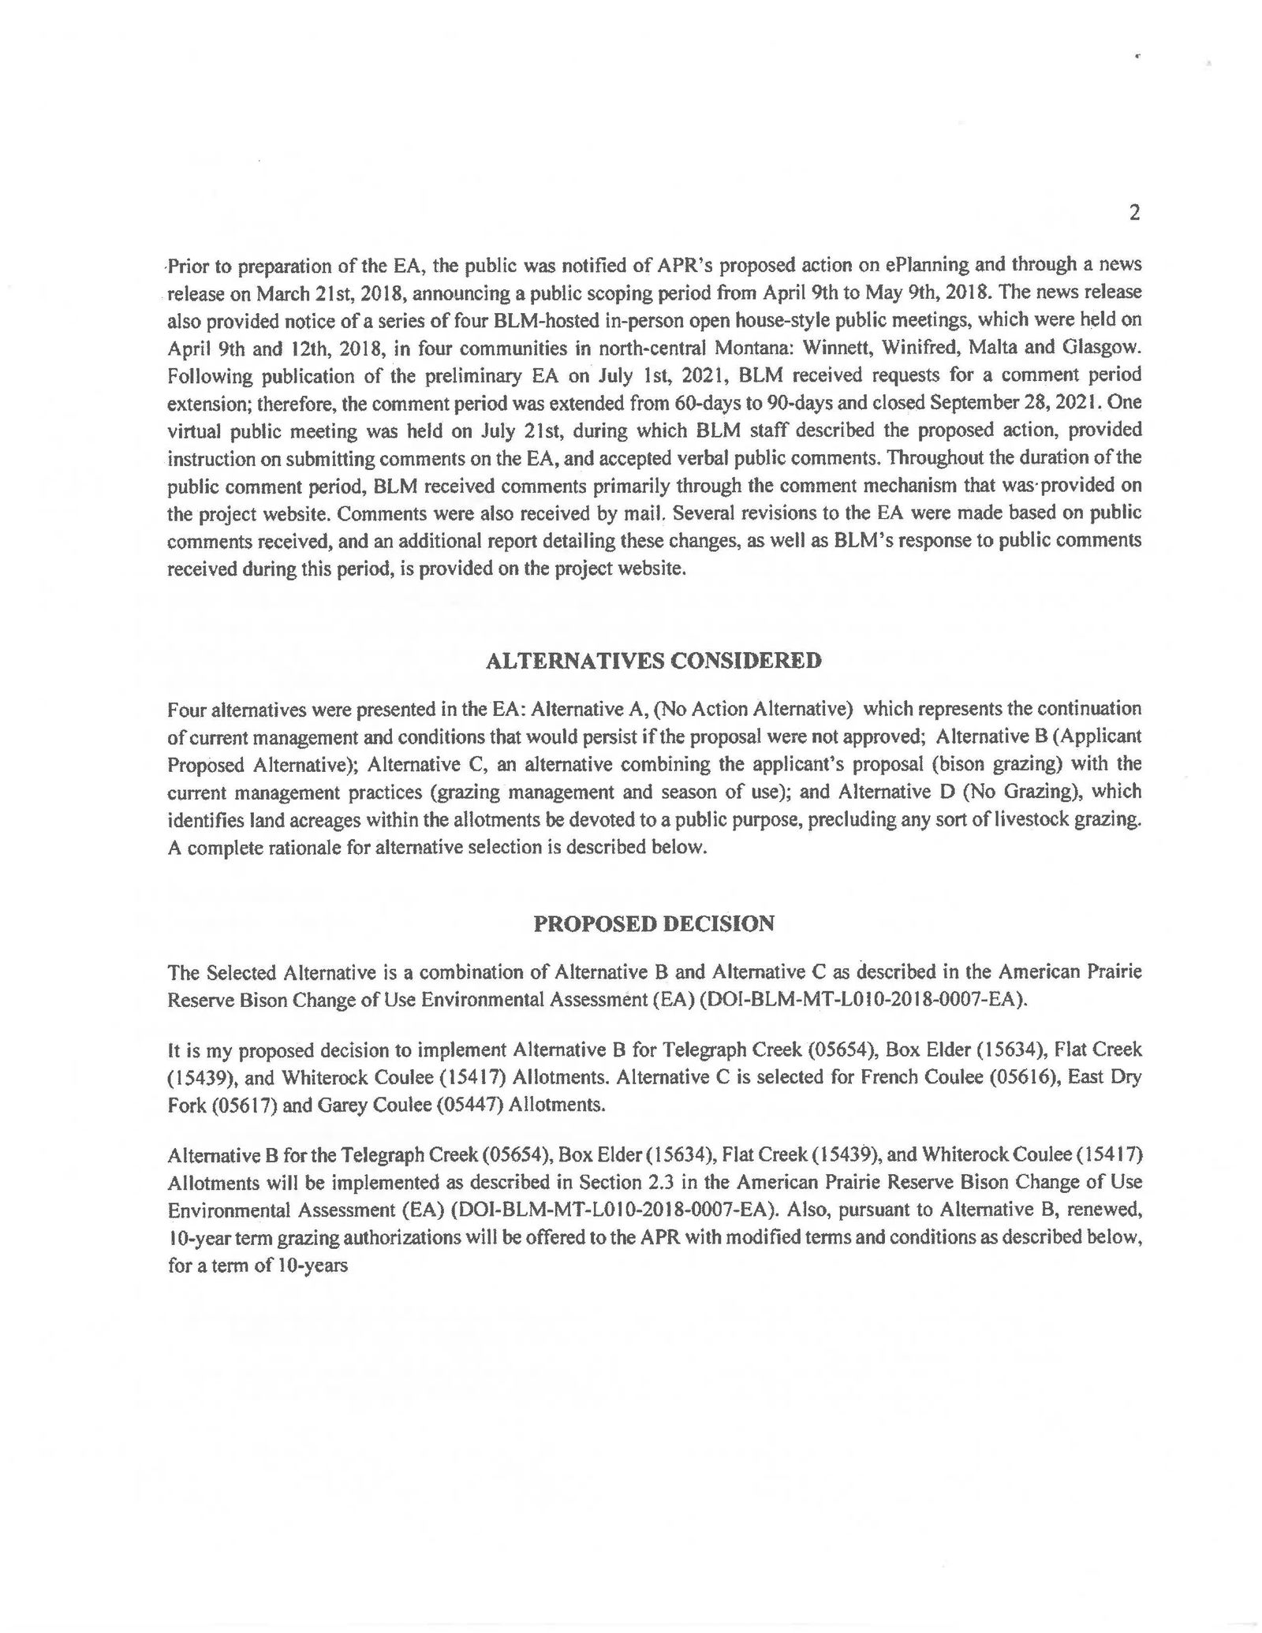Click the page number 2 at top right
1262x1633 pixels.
point(1134,213)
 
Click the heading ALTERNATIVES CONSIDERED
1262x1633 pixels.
point(653,661)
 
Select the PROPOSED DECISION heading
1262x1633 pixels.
point(654,923)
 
